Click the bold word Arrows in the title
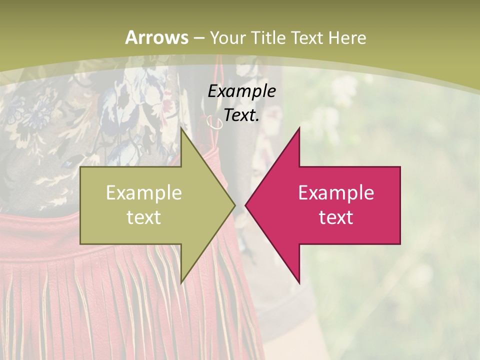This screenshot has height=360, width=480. click(x=157, y=37)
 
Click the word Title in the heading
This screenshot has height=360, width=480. click(x=268, y=37)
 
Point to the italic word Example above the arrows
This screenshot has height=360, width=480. click(x=241, y=91)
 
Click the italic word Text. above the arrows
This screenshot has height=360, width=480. click(x=241, y=115)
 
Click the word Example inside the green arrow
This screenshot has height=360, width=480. click(x=144, y=192)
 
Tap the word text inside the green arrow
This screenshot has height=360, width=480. click(x=144, y=217)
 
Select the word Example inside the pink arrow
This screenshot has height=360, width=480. click(x=336, y=192)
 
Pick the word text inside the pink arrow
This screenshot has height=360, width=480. click(x=336, y=217)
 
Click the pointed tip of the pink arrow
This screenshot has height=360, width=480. click(x=246, y=205)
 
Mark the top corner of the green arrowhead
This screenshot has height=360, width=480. click(x=181, y=128)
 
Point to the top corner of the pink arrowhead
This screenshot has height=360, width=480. click(x=299, y=128)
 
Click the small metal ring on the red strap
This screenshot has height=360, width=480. click(x=215, y=123)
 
